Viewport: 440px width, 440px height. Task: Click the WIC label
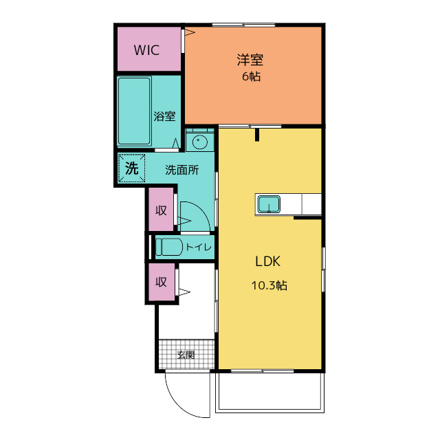click(146, 50)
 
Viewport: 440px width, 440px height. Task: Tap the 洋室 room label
click(250, 60)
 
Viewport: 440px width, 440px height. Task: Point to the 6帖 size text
click(251, 76)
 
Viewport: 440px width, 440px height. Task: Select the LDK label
click(267, 261)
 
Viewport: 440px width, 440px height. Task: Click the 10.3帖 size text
click(269, 285)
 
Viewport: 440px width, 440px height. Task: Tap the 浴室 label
click(164, 116)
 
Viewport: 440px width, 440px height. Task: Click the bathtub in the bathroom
click(135, 111)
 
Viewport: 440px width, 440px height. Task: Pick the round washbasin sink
click(200, 142)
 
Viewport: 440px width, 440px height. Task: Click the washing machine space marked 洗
click(131, 168)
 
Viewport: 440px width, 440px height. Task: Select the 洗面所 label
click(181, 170)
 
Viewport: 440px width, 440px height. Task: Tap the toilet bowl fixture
click(169, 247)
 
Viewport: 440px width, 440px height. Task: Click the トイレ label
click(199, 247)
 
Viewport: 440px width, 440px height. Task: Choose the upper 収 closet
click(161, 210)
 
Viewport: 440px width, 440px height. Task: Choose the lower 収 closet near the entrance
click(162, 282)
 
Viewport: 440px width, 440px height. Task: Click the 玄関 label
click(186, 355)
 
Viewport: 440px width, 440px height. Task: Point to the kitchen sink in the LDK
click(269, 204)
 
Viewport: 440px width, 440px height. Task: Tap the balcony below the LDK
click(269, 393)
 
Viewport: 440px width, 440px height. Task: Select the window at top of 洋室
click(243, 25)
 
